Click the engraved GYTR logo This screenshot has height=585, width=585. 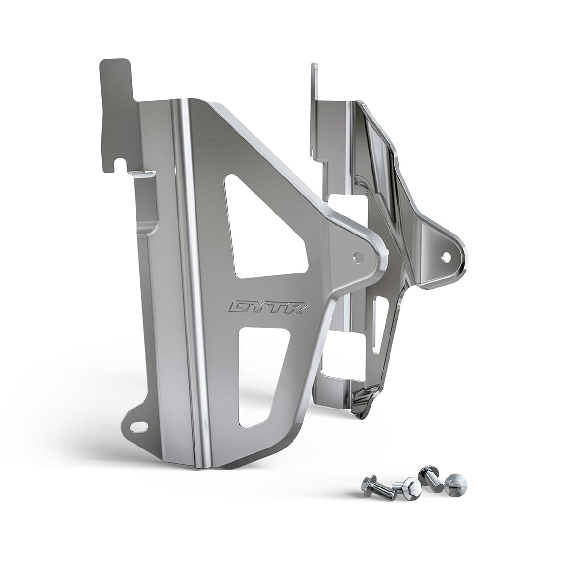(x=268, y=307)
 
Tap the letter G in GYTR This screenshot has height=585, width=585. (x=238, y=307)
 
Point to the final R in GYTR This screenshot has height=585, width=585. (x=299, y=308)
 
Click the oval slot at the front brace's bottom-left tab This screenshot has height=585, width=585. (x=139, y=427)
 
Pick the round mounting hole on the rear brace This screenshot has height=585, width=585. (x=446, y=256)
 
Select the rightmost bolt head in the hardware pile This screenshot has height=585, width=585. (x=456, y=485)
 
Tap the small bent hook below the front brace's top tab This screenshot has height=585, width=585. (x=141, y=174)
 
